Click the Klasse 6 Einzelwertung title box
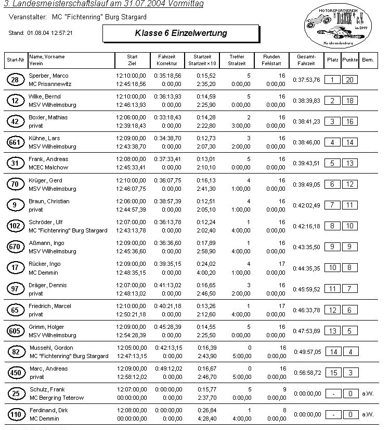(x=180, y=33)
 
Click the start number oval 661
(x=15, y=142)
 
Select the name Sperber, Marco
(x=48, y=76)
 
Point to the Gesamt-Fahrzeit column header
(x=306, y=60)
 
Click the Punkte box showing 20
(x=350, y=80)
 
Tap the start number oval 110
(x=15, y=414)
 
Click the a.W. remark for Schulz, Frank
(x=368, y=394)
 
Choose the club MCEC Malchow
(x=48, y=167)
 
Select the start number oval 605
(x=15, y=331)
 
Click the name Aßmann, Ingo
(x=46, y=243)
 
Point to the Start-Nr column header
(x=15, y=60)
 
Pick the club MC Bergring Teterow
(x=56, y=398)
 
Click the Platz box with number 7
(x=332, y=205)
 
